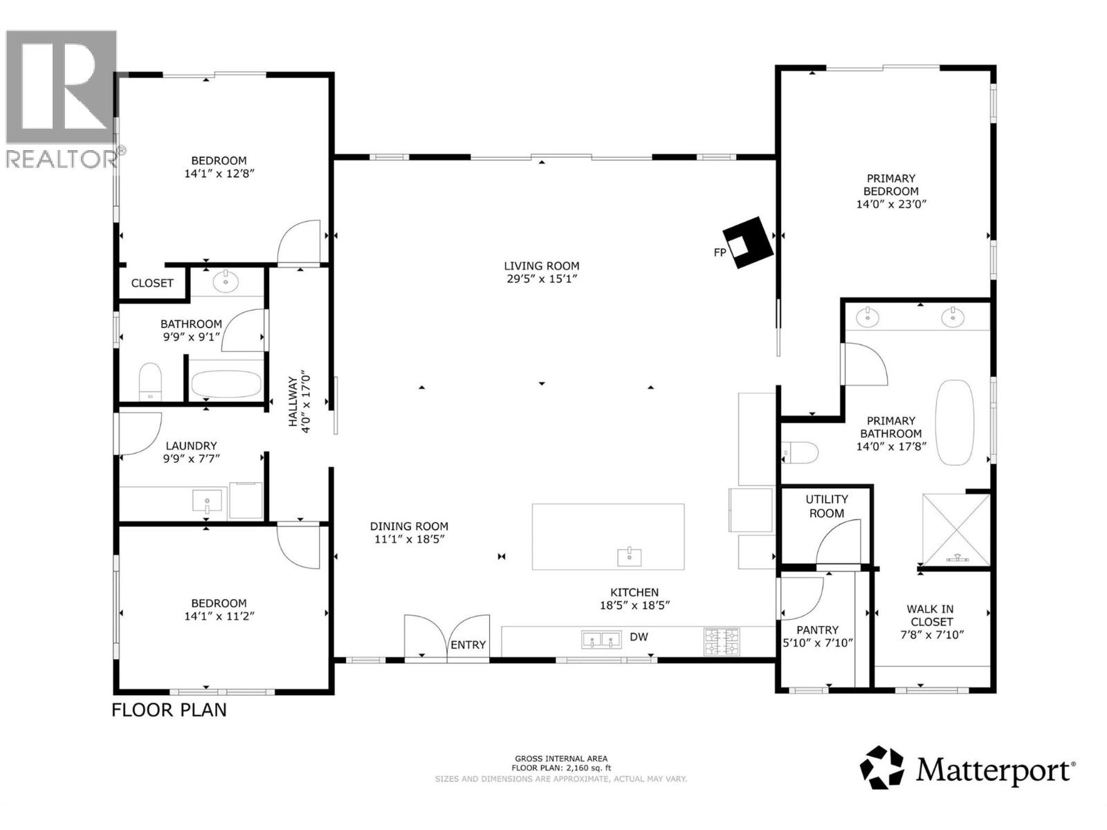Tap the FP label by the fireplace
[720, 252]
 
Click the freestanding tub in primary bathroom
[954, 422]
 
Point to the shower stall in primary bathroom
[957, 529]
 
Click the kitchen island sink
[629, 555]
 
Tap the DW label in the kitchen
[639, 636]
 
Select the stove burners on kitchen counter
[722, 641]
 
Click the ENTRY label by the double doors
[468, 645]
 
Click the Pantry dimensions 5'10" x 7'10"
[817, 643]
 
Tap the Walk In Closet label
[931, 615]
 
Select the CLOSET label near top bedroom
[152, 283]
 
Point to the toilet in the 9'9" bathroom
[150, 382]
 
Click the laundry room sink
[207, 500]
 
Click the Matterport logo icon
[882, 767]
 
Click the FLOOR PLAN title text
[169, 710]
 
